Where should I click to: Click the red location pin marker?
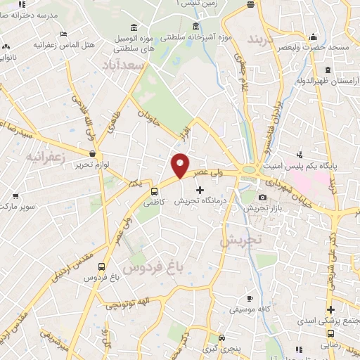(181, 165)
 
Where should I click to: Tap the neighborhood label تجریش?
(240, 240)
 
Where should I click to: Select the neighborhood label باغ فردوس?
(148, 266)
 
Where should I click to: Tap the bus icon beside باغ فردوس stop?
(103, 267)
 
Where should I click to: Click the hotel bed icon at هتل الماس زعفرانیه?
(63, 34)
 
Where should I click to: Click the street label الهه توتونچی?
(134, 303)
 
